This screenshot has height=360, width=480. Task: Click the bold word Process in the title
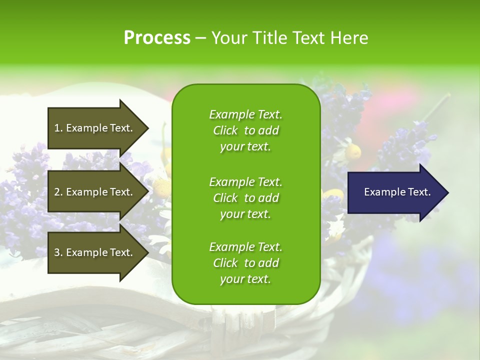pos(157,37)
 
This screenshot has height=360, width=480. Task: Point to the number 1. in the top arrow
pos(58,128)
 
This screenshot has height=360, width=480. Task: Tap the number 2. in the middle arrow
pos(58,192)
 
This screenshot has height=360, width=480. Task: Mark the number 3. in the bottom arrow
pos(58,252)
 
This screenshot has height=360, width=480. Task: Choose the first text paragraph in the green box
pos(245,130)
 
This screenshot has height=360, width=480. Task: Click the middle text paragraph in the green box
pos(245,198)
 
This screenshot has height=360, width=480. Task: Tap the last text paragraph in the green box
pos(245,263)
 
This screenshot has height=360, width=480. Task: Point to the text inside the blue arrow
pos(397,192)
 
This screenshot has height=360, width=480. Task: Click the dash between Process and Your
pos(200,38)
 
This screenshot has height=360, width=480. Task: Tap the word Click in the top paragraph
pos(225,131)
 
